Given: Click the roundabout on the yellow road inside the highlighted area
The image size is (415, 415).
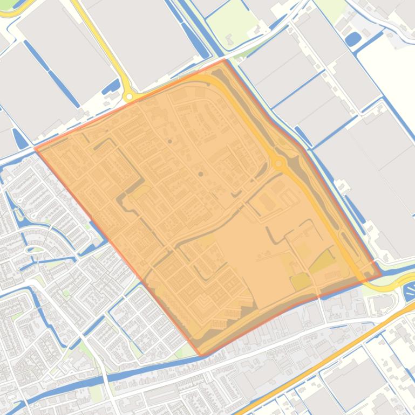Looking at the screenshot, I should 279,163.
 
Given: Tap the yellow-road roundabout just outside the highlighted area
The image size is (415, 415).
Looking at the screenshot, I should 129,97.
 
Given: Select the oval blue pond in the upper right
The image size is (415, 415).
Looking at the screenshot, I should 353,39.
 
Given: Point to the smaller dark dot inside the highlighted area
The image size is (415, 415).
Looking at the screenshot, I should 170,141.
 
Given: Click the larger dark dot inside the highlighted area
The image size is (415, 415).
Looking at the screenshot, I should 201,174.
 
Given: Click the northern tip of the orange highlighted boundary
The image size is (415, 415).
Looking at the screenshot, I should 224,60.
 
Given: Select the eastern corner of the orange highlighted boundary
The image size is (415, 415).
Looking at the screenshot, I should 381,274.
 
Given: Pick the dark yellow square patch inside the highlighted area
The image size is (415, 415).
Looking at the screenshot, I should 300,281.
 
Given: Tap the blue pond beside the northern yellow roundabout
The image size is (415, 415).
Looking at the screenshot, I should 112,86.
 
